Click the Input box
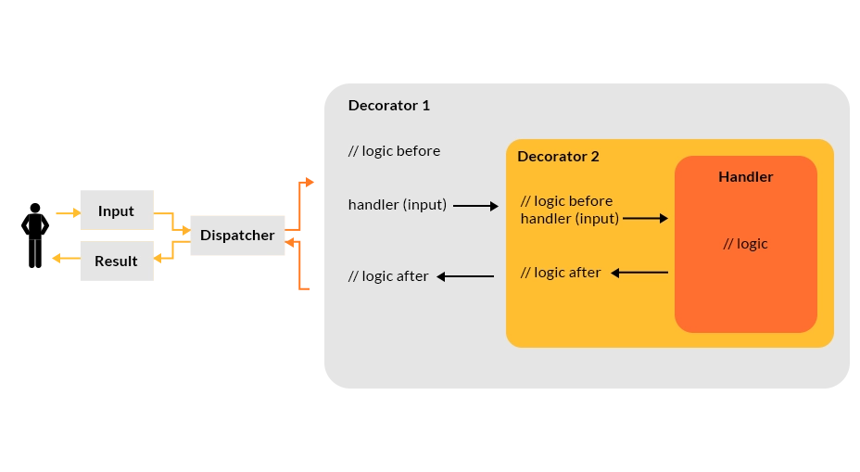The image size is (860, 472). pyautogui.click(x=116, y=210)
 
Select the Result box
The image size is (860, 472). pyautogui.click(x=116, y=262)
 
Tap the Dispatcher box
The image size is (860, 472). pyautogui.click(x=237, y=236)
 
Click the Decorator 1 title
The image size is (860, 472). pyautogui.click(x=388, y=106)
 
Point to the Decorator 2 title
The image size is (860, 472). pyautogui.click(x=558, y=156)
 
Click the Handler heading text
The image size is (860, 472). pyautogui.click(x=745, y=176)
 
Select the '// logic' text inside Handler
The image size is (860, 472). pyautogui.click(x=745, y=244)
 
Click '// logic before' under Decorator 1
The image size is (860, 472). pyautogui.click(x=394, y=151)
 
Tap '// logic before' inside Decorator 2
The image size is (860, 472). pyautogui.click(x=566, y=200)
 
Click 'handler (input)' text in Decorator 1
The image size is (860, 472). pyautogui.click(x=397, y=205)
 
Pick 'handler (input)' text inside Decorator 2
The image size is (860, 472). pyautogui.click(x=569, y=219)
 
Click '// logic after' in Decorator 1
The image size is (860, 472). pyautogui.click(x=388, y=276)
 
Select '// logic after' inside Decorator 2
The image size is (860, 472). pyautogui.click(x=561, y=273)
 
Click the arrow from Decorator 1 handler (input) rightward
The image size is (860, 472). pyautogui.click(x=475, y=206)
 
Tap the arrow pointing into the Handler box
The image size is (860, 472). pyautogui.click(x=645, y=219)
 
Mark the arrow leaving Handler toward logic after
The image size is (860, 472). pyautogui.click(x=639, y=273)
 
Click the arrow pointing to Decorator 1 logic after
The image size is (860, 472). pyautogui.click(x=465, y=276)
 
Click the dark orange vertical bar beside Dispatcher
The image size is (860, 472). pyautogui.click(x=307, y=236)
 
